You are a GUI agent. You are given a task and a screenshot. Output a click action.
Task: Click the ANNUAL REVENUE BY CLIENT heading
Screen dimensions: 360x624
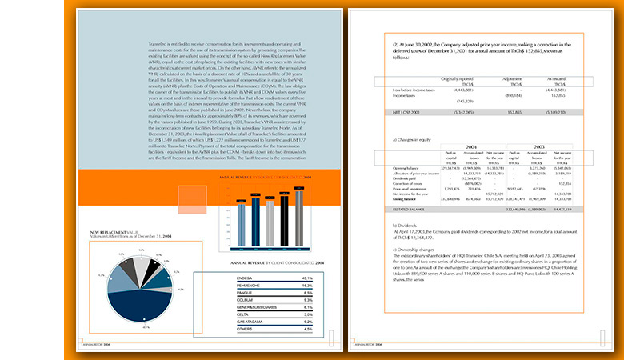click(x=277, y=262)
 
